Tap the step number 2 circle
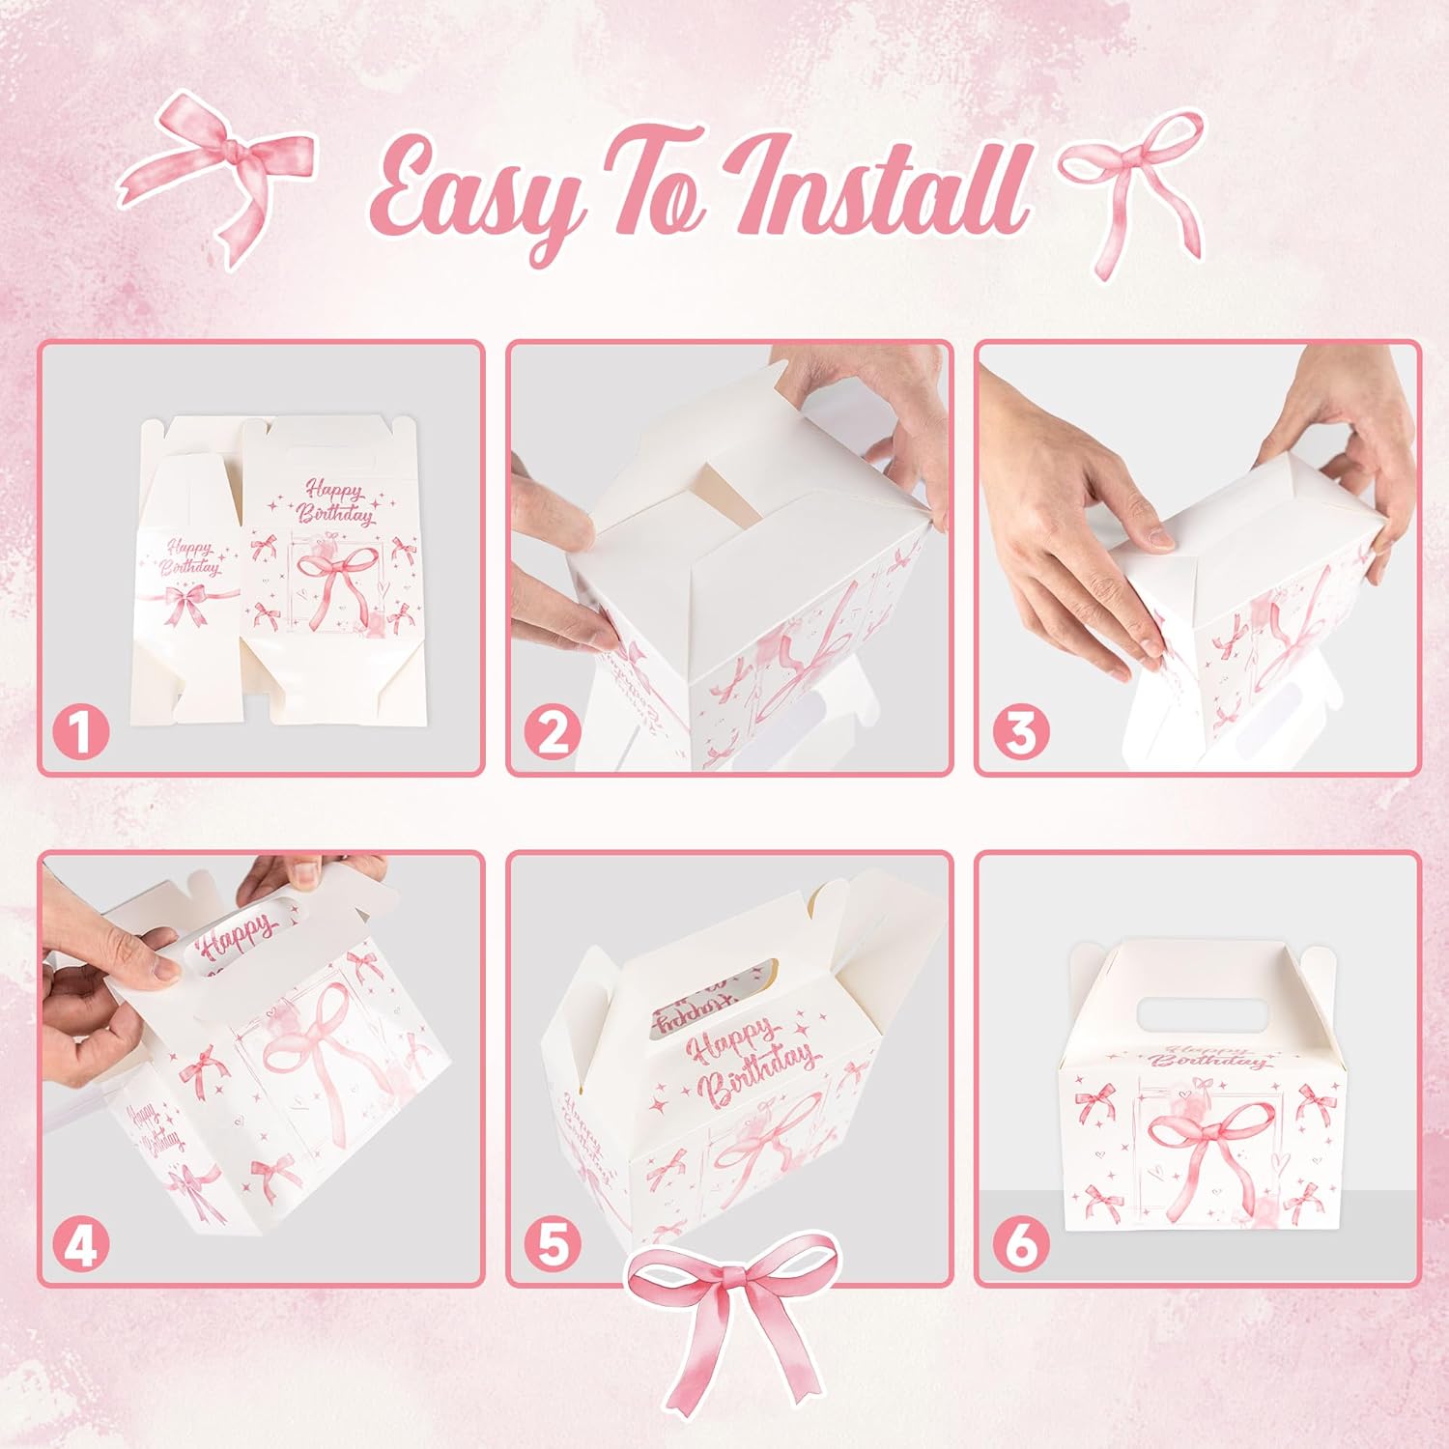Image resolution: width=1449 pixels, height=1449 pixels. (552, 733)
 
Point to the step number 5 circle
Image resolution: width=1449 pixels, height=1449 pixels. (552, 1245)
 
